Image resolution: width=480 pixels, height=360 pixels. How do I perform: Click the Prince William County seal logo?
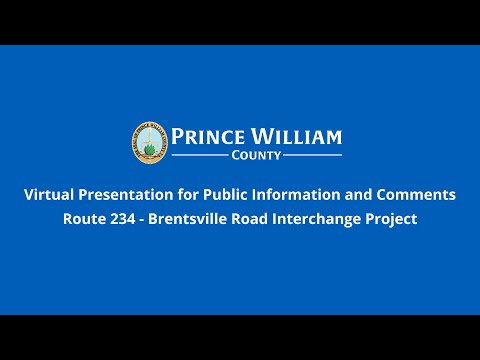[x=149, y=142]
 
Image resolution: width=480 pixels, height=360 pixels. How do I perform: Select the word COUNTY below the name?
[x=256, y=156]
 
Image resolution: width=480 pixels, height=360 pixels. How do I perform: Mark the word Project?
[x=394, y=219]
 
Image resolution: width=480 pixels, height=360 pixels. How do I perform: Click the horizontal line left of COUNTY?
[x=201, y=156]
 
